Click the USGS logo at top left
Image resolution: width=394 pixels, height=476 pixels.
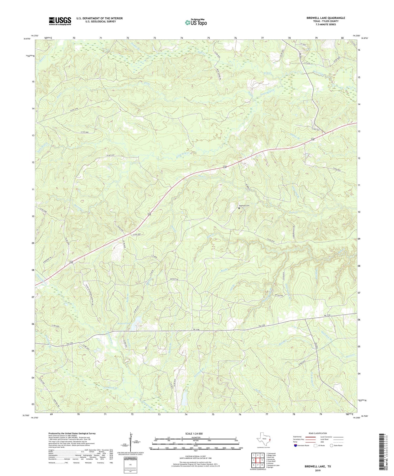[x=60, y=21]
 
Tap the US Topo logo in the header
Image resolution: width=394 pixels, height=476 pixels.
[x=196, y=22]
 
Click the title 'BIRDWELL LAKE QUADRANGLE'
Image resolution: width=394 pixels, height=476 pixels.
[x=324, y=18]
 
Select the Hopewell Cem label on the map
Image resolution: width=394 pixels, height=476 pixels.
[x=245, y=206]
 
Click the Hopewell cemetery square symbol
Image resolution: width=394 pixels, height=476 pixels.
[x=239, y=208]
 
